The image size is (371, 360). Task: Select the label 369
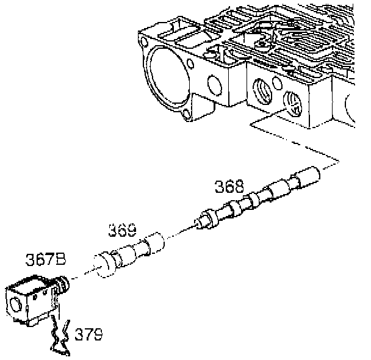pyautogui.click(x=122, y=231)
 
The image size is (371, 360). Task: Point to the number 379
pyautogui.click(x=88, y=334)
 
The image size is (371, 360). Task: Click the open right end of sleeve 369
pyautogui.click(x=156, y=241)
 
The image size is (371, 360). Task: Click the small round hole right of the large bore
pyautogui.click(x=213, y=82)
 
